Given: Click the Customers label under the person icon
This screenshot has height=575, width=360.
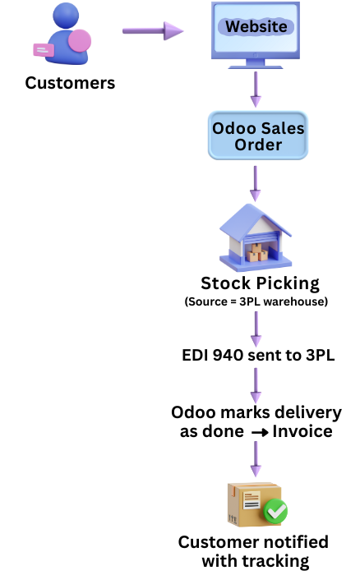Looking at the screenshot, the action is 70,83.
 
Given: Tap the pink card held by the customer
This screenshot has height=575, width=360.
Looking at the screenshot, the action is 44,50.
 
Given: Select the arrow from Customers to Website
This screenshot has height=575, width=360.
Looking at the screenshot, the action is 153,30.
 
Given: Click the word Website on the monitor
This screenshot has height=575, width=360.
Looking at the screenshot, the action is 256,26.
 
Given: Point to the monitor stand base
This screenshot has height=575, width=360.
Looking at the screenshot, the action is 256,67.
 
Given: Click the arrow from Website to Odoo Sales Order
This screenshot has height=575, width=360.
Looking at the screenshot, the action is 256,89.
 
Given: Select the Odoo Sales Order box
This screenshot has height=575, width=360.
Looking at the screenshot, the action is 258,136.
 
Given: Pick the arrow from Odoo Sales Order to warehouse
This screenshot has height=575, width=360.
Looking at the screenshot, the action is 256,183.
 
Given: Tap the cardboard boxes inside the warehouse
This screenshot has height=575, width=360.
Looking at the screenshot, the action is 257,253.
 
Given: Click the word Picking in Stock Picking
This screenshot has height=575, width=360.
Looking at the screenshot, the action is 288,283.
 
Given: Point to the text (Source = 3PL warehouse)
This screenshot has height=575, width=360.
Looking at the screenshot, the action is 256,301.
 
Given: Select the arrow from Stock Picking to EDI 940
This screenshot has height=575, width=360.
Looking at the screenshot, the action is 256,329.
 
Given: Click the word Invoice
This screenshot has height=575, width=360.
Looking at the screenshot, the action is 302,431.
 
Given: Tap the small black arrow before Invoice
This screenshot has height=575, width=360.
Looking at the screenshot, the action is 261,433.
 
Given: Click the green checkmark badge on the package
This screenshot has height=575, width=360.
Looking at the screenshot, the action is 275,511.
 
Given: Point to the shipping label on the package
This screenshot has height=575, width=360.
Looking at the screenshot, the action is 252,500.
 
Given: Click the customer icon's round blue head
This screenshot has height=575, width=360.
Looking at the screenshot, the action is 66,15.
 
